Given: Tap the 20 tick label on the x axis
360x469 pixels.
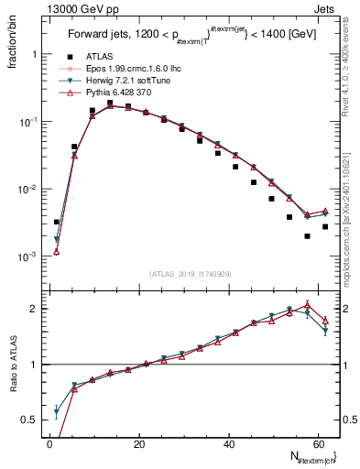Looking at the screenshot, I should pos(138,443).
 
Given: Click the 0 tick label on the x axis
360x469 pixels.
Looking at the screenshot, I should pos(49,443).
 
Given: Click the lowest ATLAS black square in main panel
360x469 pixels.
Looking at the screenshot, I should pos(307,236).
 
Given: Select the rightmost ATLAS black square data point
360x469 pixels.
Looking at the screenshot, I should pos(325,226).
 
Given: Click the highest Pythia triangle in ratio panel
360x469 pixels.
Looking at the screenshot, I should pos(307,304).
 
